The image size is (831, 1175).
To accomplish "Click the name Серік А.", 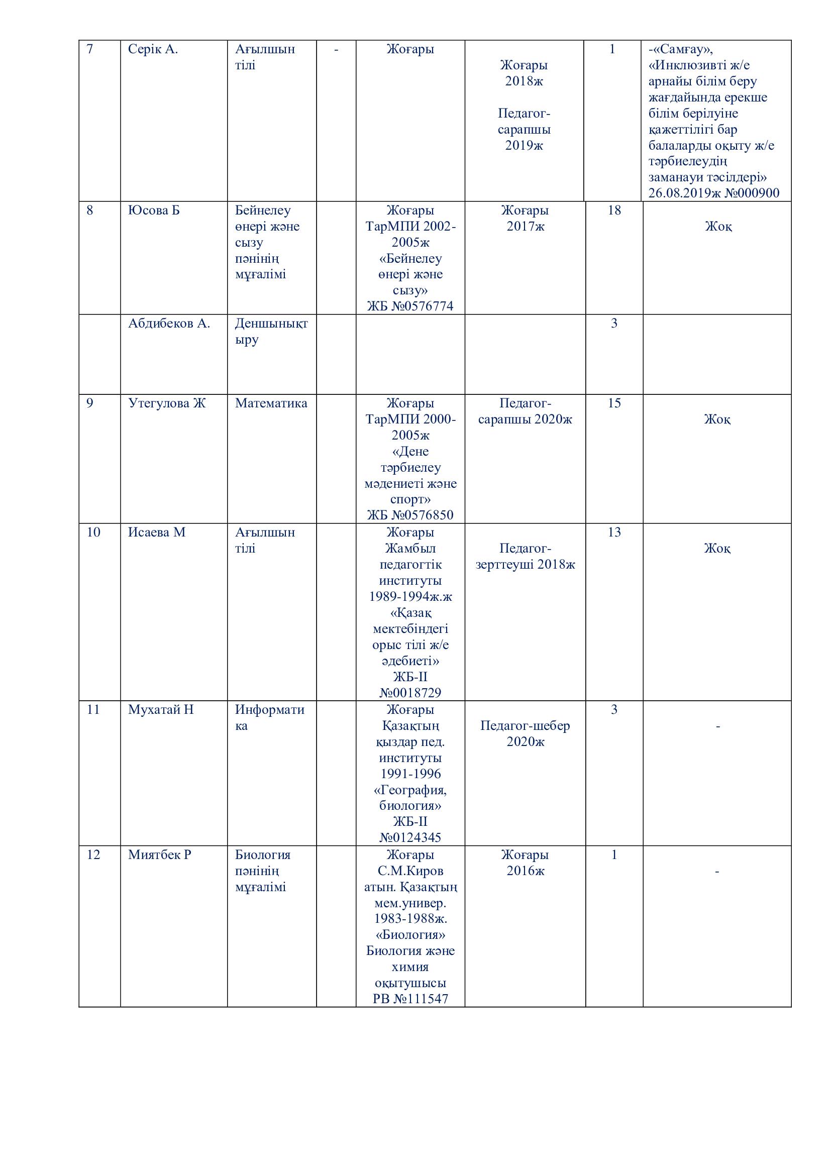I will point(153,50).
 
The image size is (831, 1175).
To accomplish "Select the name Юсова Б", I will point(154,210).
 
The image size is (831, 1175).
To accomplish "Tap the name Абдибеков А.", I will point(169,324).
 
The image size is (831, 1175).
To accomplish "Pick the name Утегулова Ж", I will point(166,403).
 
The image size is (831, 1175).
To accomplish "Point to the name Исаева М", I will point(157,532).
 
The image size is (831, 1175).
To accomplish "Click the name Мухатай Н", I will point(161,710).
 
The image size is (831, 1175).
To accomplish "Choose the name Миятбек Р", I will point(159,855).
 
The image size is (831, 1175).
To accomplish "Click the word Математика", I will point(271,403).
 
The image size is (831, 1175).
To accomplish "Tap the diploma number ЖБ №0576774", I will point(410,306).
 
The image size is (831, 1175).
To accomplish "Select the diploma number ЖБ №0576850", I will point(410,515).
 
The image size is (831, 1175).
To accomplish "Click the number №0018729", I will point(410,693).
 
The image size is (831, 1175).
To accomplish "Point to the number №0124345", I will point(410,838).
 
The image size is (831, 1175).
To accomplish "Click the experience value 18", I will point(614,210).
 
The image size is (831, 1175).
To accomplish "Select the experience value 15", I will point(614,403).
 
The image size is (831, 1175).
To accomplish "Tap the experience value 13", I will point(614,532).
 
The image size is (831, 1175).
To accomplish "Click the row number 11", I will point(93,710).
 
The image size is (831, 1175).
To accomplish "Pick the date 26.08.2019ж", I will point(682,193).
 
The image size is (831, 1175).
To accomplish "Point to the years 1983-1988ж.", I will point(410,919).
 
